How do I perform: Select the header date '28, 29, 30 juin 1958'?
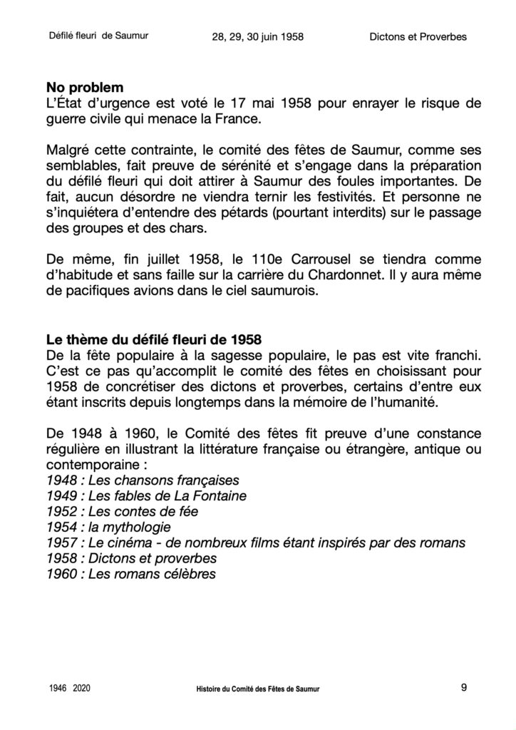[x=258, y=37]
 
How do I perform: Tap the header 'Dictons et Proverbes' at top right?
[x=418, y=37]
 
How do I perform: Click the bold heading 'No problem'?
[x=84, y=88]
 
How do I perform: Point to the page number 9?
[x=464, y=688]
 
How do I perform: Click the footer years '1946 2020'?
[x=70, y=689]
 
